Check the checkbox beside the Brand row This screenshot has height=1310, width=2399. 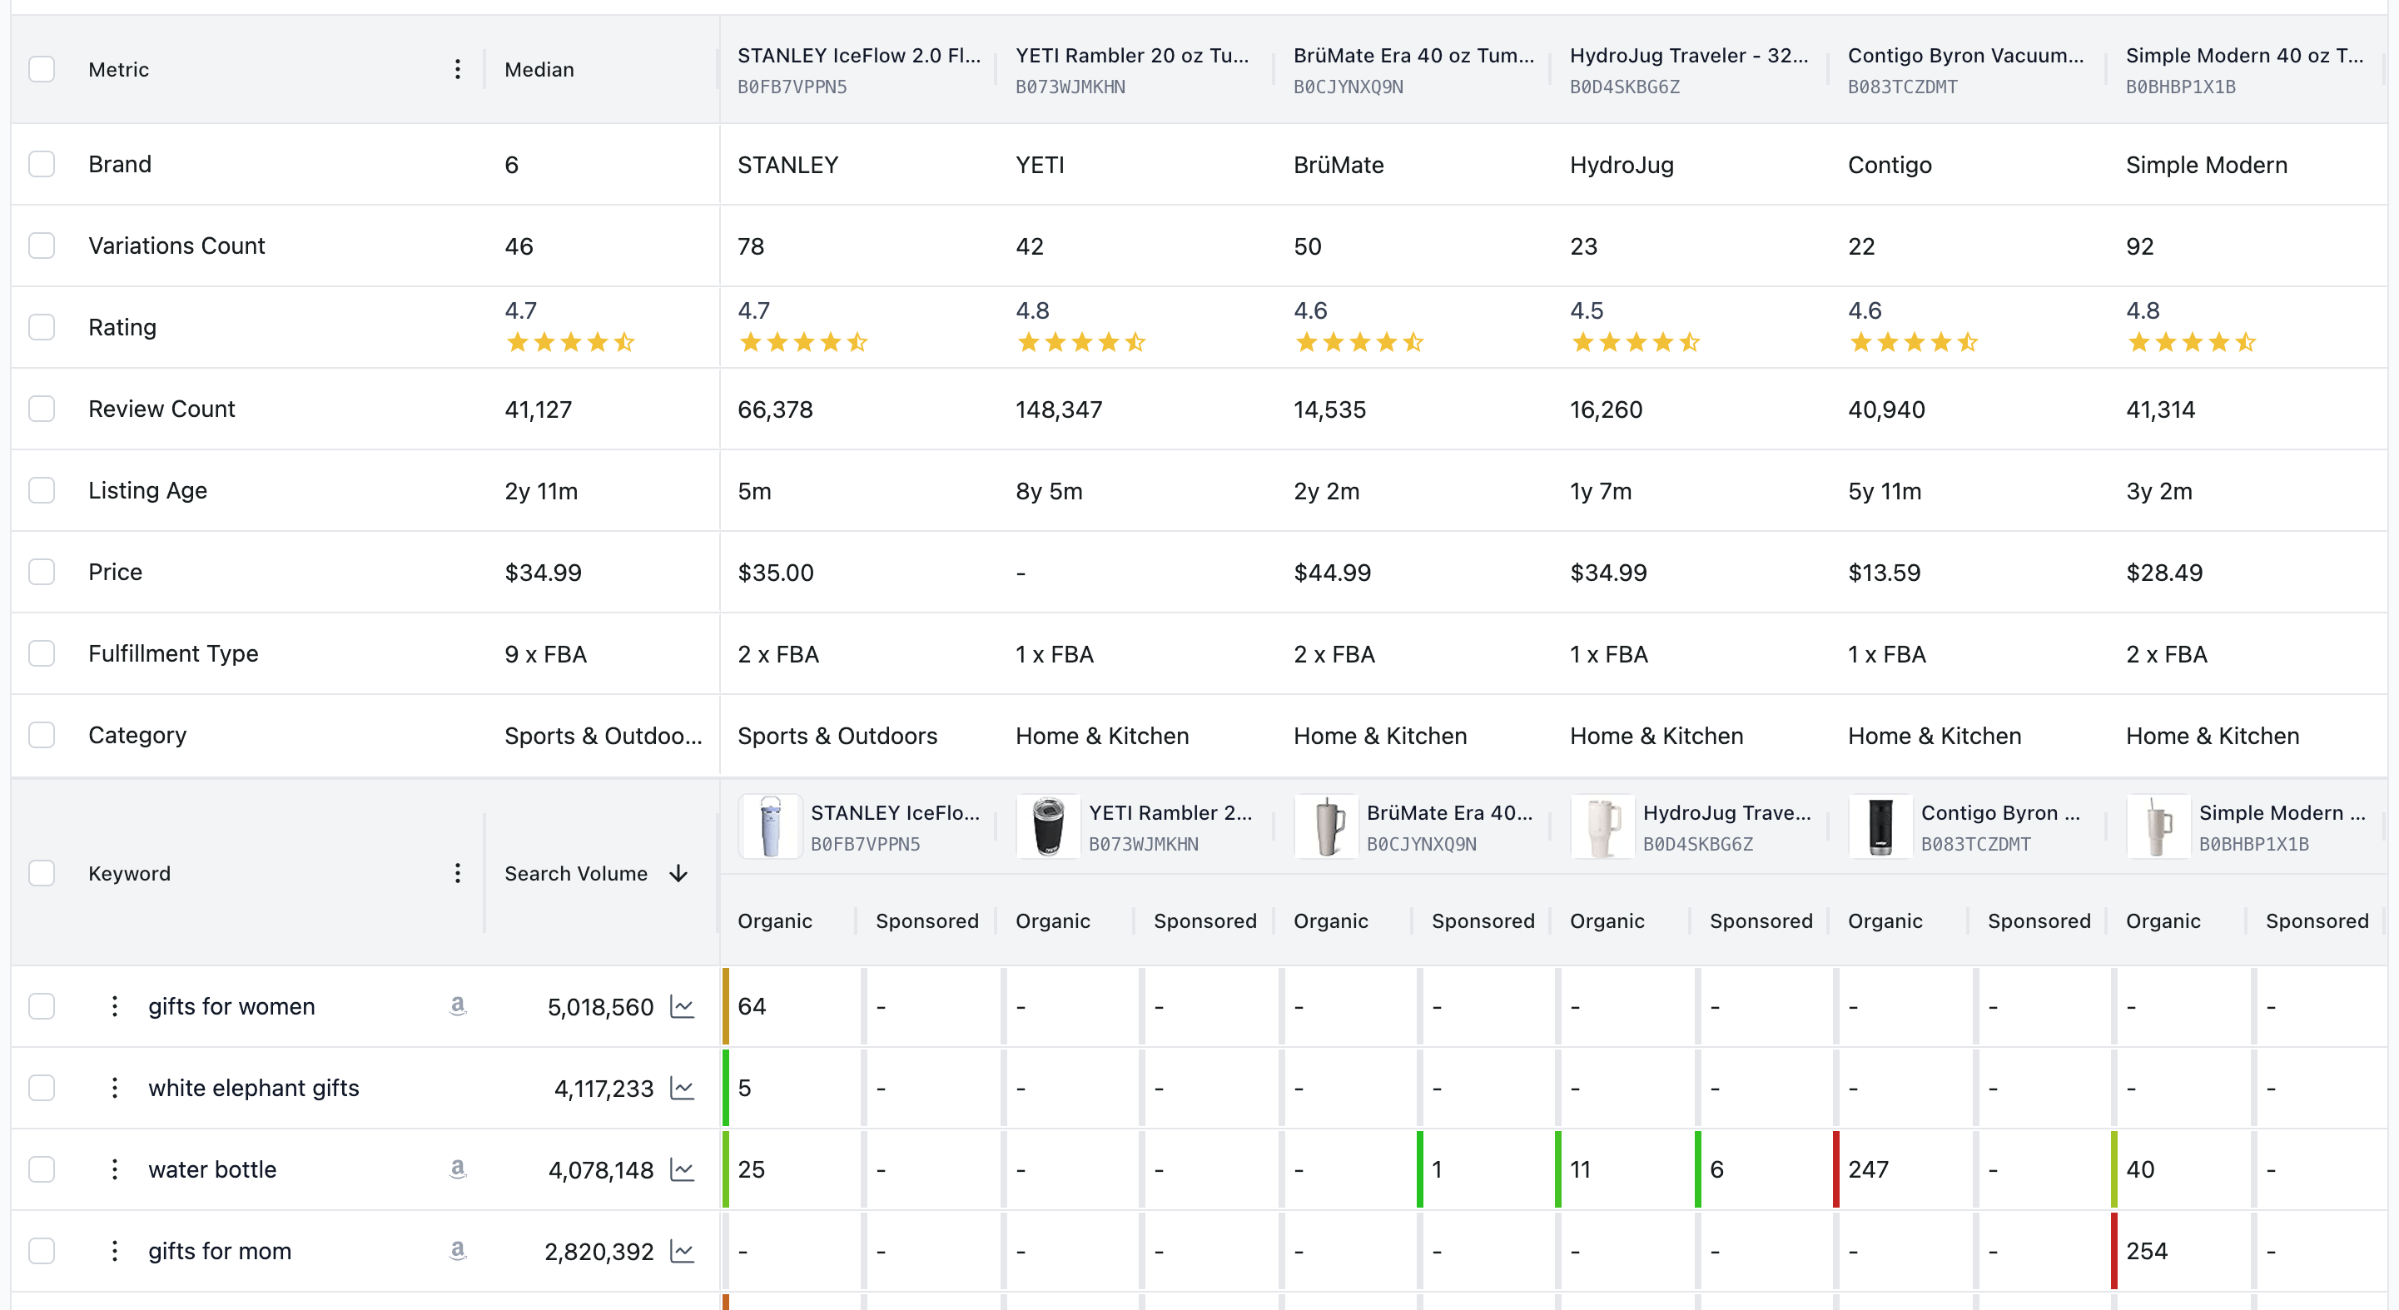click(x=41, y=165)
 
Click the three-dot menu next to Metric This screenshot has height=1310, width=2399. click(x=457, y=70)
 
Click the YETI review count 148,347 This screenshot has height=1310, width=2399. click(x=1058, y=409)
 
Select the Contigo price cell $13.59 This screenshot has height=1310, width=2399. click(x=1883, y=573)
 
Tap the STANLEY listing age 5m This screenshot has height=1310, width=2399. click(x=753, y=492)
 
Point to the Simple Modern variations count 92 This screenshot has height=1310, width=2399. click(x=2139, y=246)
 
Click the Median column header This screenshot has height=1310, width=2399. click(x=539, y=70)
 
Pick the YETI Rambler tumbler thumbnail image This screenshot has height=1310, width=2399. click(x=1048, y=826)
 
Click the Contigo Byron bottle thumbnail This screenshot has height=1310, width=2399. click(x=1880, y=826)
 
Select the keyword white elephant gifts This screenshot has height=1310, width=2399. click(x=253, y=1089)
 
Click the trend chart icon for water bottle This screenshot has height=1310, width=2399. click(x=683, y=1170)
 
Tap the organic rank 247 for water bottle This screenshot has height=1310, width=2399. click(x=1867, y=1170)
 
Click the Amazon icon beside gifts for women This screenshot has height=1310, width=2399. click(x=457, y=1005)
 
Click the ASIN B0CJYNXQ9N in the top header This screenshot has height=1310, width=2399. click(x=1348, y=87)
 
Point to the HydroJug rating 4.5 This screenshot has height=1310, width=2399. click(x=1586, y=311)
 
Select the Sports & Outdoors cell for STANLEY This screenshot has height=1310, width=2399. click(x=837, y=737)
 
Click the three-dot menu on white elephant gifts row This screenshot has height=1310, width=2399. click(x=115, y=1089)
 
